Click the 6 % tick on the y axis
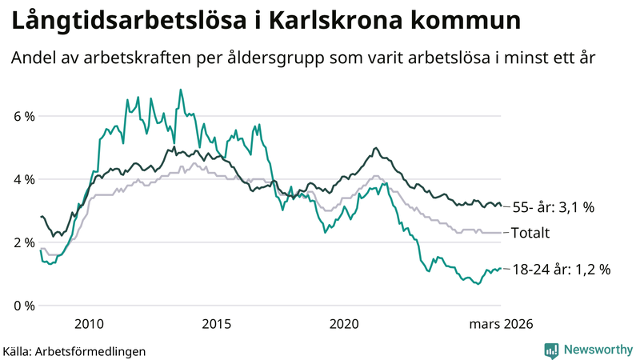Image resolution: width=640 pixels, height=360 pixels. (24, 117)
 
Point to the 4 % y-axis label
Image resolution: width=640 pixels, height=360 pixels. (24, 180)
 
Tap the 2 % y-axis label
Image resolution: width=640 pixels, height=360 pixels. (24, 242)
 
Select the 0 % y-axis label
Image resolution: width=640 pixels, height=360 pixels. (24, 306)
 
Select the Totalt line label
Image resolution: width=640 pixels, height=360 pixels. (531, 233)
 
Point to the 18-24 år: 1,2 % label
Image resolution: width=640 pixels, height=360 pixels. (561, 270)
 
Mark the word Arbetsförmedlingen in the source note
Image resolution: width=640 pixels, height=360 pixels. (96, 350)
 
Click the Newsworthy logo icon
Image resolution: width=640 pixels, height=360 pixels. (551, 350)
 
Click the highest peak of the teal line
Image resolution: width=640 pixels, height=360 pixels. (180, 90)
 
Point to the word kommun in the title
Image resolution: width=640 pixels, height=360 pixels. (464, 22)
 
